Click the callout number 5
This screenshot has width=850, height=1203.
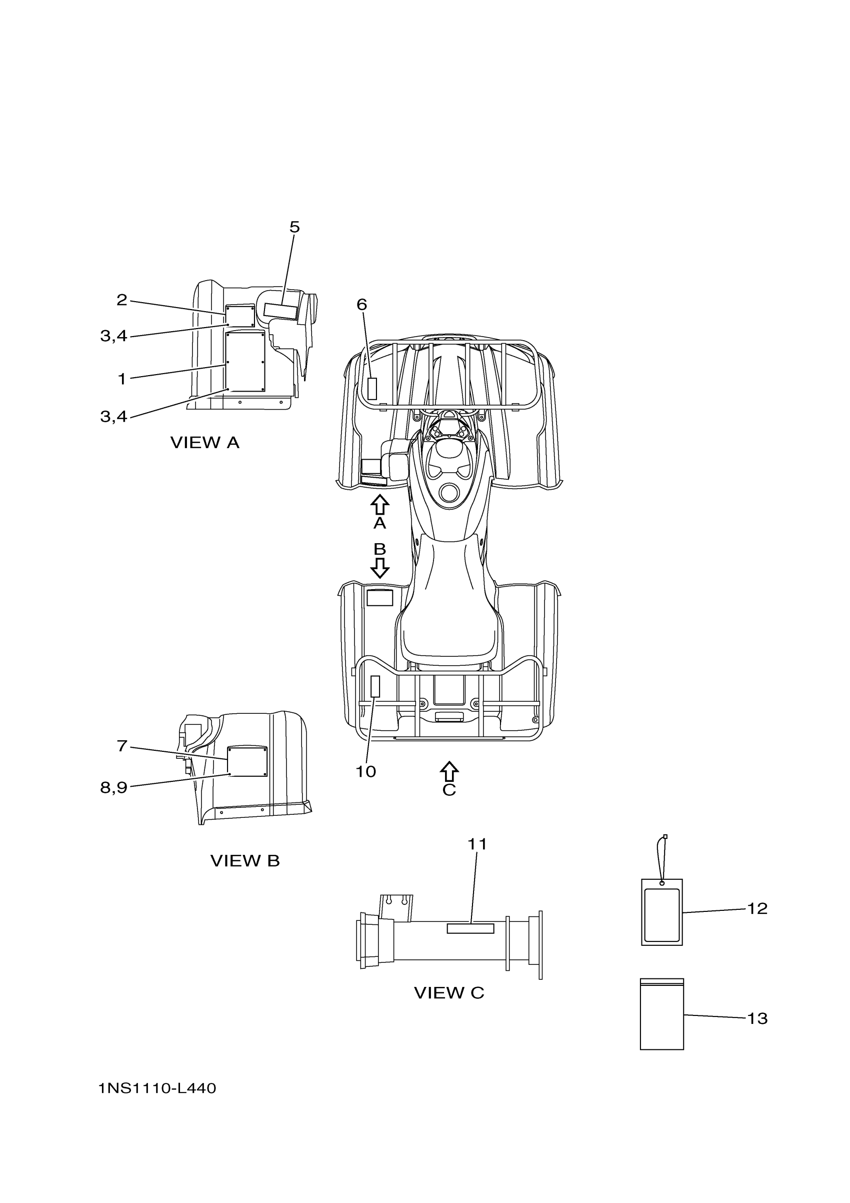(x=294, y=228)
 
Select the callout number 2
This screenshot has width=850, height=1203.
(x=121, y=300)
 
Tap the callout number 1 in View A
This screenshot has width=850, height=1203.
(x=121, y=379)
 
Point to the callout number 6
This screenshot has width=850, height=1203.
(x=362, y=305)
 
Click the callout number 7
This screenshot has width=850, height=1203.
(x=121, y=746)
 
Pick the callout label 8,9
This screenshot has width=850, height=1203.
(x=113, y=787)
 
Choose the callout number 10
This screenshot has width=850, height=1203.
(x=365, y=772)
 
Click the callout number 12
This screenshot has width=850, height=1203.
(x=757, y=908)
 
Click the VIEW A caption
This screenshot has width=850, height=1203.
(x=205, y=443)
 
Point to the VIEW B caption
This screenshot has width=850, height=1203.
(x=244, y=861)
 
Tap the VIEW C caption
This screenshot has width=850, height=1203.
(x=449, y=993)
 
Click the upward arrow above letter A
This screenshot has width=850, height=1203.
(x=379, y=505)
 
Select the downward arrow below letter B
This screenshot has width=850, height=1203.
(x=379, y=567)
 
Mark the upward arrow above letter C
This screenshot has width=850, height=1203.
(x=449, y=771)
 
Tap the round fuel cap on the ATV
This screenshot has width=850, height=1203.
(x=450, y=492)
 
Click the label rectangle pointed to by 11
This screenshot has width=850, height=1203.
(x=470, y=928)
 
